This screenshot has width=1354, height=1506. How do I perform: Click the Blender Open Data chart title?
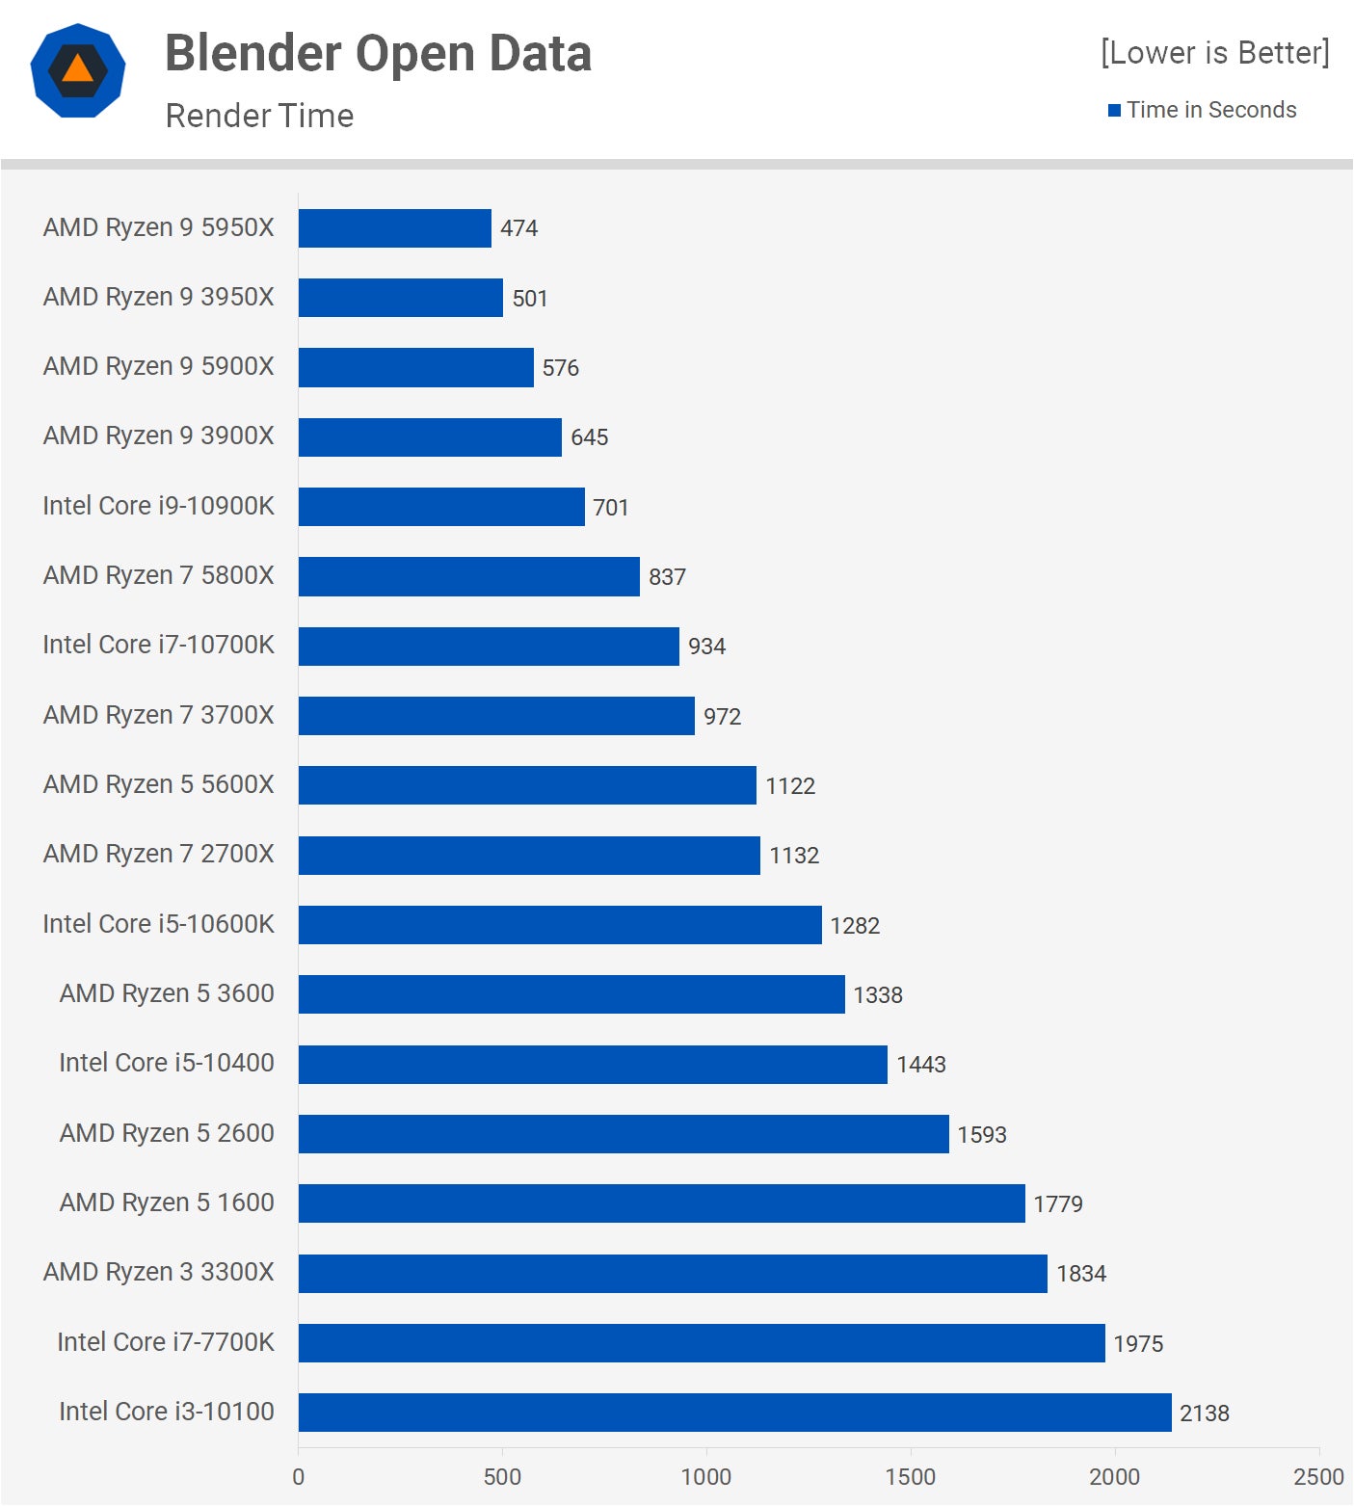click(378, 53)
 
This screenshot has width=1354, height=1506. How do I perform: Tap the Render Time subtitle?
click(259, 116)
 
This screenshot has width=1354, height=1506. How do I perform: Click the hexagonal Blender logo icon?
click(78, 70)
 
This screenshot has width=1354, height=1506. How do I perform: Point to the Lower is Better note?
click(1214, 52)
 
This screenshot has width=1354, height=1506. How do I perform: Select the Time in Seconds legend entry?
click(1202, 110)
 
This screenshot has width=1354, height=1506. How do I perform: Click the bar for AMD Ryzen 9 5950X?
click(394, 228)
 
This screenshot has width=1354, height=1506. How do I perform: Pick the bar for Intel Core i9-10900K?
click(441, 507)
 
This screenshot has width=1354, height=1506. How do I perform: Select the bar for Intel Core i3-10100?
click(734, 1413)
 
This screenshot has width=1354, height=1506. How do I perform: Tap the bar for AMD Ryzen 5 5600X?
click(527, 785)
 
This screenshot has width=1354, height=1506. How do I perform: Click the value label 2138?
click(1205, 1414)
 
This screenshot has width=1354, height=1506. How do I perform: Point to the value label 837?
click(667, 577)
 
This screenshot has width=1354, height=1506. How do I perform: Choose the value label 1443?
click(921, 1065)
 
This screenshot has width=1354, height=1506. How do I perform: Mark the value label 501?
click(530, 299)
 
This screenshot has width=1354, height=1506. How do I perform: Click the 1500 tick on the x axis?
click(910, 1476)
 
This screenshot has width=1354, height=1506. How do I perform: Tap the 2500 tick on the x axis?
click(1318, 1476)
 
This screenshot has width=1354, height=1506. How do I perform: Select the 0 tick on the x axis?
click(298, 1476)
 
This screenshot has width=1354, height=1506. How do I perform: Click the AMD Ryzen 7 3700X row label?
click(159, 715)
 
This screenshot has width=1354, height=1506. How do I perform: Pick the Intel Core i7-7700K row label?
click(166, 1342)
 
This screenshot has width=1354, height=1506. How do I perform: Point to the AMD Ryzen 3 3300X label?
click(159, 1272)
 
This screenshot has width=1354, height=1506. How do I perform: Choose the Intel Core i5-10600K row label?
click(159, 924)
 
